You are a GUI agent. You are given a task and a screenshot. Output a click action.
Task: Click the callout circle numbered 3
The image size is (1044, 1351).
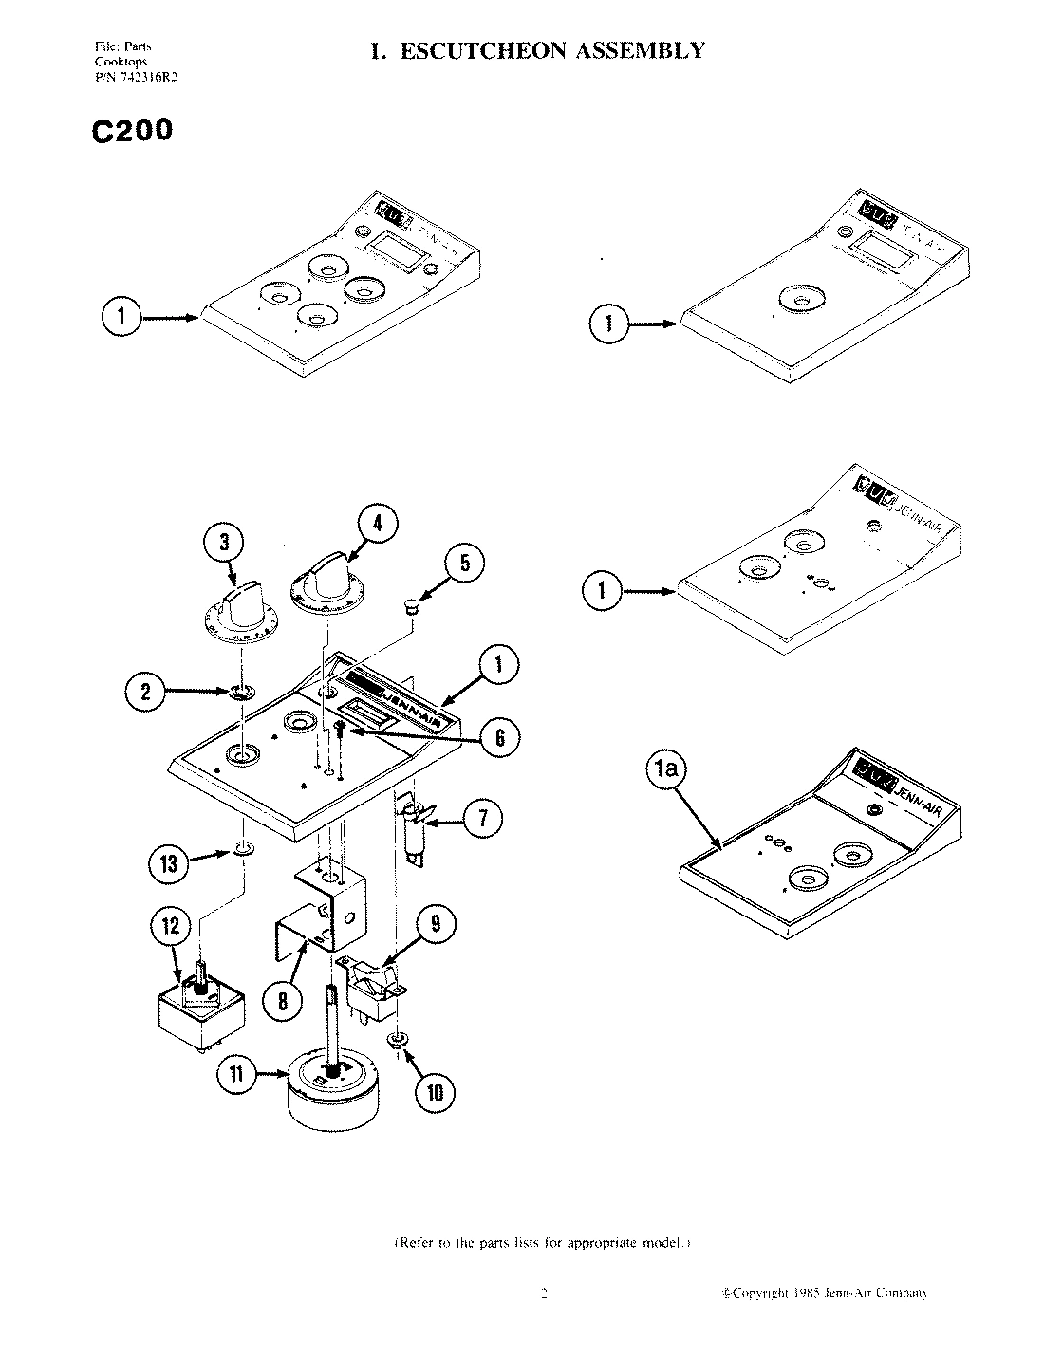(224, 543)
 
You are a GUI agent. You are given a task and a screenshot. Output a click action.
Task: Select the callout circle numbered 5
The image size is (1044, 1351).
(465, 564)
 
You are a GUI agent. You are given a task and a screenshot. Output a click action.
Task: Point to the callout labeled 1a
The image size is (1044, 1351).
(666, 772)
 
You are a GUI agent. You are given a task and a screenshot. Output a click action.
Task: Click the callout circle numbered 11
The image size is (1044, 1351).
(237, 1075)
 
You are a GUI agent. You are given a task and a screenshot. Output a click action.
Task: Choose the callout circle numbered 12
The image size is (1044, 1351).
(171, 925)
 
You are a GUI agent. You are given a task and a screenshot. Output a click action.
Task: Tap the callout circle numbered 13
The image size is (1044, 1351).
(168, 862)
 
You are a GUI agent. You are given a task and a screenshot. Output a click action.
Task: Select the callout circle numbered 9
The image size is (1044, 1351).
(436, 924)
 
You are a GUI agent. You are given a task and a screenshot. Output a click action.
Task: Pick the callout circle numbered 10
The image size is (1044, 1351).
(435, 1092)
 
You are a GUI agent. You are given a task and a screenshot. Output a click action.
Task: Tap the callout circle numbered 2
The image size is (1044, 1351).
(145, 692)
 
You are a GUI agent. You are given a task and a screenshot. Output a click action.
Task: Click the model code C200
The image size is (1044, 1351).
(132, 131)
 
